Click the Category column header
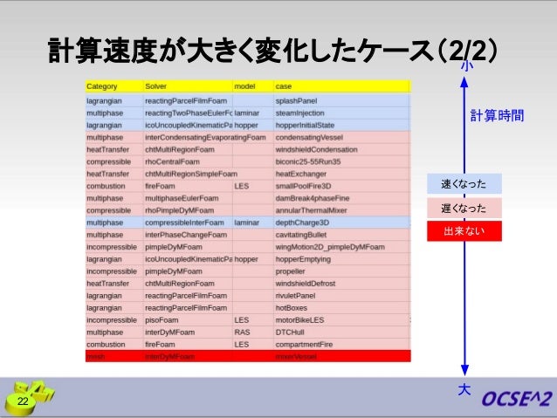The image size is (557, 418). click(101, 87)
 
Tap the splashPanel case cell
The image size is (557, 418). click(296, 100)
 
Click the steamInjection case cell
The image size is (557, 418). click(299, 113)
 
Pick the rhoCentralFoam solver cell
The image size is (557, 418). click(174, 161)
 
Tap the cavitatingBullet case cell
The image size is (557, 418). click(301, 235)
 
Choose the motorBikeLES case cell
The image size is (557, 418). click(299, 320)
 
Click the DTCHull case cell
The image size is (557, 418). click(291, 332)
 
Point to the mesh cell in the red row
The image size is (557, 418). click(95, 357)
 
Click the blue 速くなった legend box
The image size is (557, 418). click(464, 184)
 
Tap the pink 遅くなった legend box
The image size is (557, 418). click(464, 208)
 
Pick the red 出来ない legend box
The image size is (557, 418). click(464, 231)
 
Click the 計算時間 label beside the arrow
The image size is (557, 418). click(497, 116)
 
